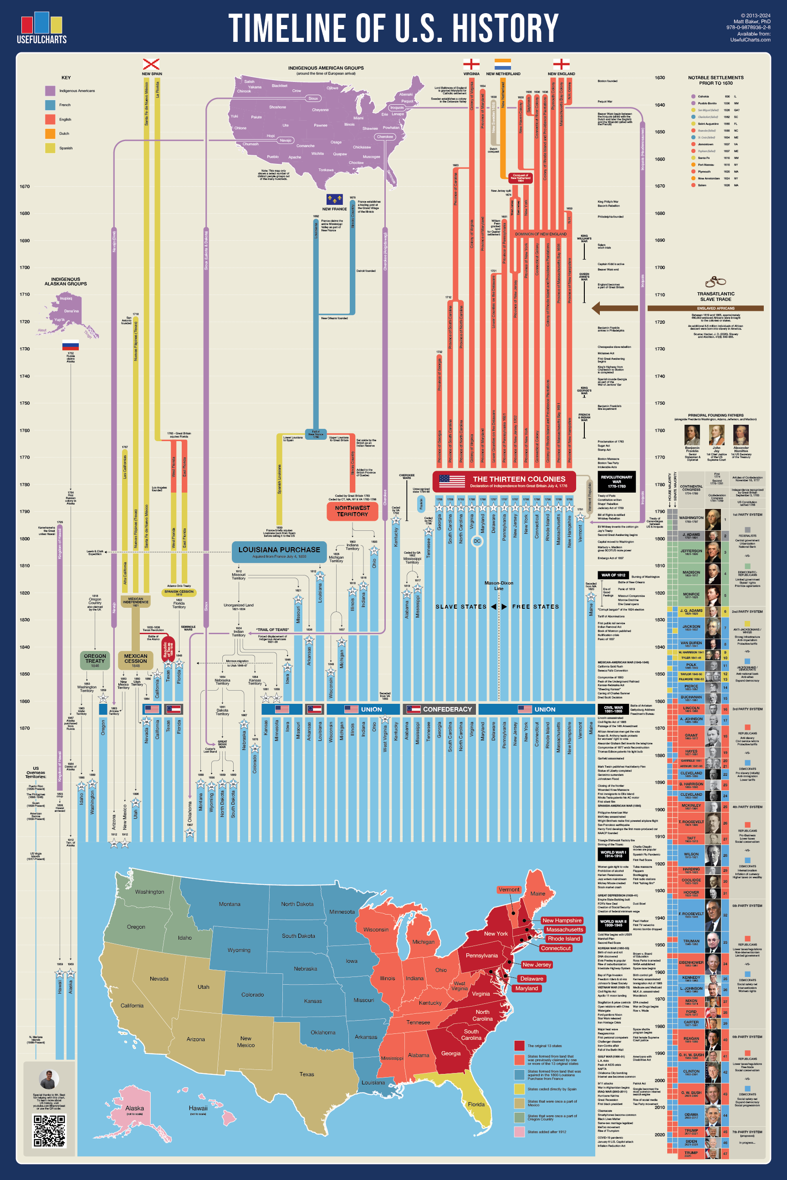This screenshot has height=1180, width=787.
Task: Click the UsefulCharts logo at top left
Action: pos(41,28)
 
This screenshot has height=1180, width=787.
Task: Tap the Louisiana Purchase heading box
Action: pos(279,551)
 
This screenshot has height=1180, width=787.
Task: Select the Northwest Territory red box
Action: pos(353,511)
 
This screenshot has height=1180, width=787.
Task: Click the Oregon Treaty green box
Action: pos(95,660)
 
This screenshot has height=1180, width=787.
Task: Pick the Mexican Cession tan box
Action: pos(136,660)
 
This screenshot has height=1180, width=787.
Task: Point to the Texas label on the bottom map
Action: pos(307,1073)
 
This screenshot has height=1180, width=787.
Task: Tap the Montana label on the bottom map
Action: pos(230,904)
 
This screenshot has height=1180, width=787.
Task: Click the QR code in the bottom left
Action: pos(50,1130)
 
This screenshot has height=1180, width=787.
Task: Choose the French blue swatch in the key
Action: pos(50,105)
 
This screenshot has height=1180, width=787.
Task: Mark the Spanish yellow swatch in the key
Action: pos(50,148)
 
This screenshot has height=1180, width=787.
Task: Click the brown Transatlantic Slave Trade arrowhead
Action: pos(597,308)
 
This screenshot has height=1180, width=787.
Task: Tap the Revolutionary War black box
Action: pos(616,482)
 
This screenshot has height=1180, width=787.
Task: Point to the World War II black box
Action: pos(613,923)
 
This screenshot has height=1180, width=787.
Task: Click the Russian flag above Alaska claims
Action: pos(70,345)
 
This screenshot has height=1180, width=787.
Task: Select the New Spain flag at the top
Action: pos(151,64)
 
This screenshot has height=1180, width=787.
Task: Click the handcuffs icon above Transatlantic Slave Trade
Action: pos(715,281)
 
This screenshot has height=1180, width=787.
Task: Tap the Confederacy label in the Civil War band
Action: pos(447,709)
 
